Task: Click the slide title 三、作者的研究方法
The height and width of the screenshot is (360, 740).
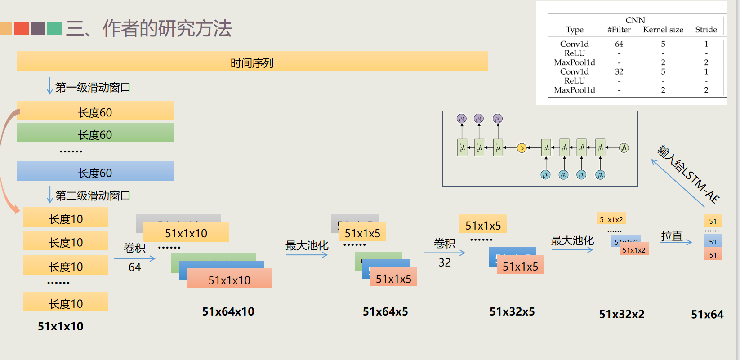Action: point(148,28)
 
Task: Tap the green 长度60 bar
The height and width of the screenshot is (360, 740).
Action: point(95,133)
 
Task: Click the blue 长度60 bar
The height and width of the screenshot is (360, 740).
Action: point(95,172)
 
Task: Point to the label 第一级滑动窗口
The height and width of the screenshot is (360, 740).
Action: point(93,87)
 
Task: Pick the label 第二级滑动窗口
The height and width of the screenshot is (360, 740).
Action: point(93,196)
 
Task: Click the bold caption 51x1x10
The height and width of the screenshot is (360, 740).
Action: point(60,326)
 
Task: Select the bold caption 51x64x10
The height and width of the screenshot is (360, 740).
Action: point(228,311)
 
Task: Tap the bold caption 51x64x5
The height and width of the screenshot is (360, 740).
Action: point(385,311)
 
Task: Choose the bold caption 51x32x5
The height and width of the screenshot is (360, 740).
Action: point(512,311)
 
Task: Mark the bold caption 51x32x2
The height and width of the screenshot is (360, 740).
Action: point(622,314)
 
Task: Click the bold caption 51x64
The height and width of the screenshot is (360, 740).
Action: point(707,314)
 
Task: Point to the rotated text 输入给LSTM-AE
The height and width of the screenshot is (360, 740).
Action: point(688,174)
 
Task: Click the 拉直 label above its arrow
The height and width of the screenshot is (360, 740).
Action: point(672,236)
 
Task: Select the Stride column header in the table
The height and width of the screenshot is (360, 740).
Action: point(706,30)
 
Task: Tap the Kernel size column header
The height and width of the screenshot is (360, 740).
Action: point(663,30)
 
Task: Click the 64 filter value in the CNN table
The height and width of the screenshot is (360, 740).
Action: point(619,44)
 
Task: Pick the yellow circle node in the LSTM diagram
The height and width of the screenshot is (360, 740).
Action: point(522,148)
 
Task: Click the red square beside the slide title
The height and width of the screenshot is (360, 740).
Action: point(22,28)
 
